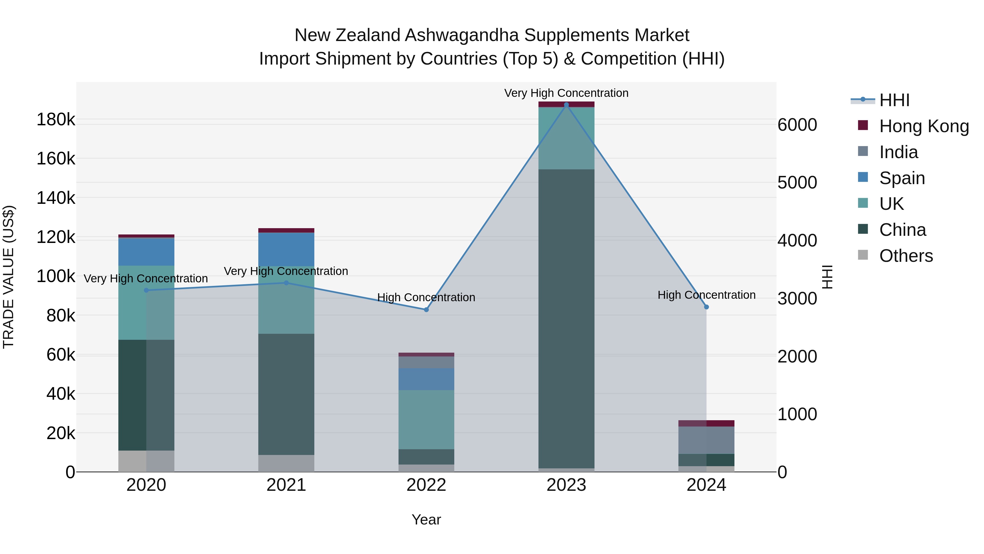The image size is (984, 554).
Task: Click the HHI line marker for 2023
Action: point(566,105)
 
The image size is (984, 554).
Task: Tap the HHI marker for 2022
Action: point(426,310)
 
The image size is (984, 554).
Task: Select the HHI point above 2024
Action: point(706,307)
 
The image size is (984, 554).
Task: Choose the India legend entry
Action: point(898,152)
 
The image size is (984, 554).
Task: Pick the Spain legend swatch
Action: point(863,177)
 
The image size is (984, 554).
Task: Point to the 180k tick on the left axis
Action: point(56,120)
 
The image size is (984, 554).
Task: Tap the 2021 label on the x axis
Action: point(286,485)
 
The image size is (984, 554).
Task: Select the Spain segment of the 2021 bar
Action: point(286,249)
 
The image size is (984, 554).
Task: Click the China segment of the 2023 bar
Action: point(566,317)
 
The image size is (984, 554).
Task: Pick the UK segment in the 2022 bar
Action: point(426,419)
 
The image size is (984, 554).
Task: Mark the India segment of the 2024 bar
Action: point(706,440)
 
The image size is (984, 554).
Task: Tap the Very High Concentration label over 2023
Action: point(566,93)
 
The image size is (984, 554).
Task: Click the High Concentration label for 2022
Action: point(426,297)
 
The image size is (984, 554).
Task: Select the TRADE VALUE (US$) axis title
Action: point(9,277)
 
